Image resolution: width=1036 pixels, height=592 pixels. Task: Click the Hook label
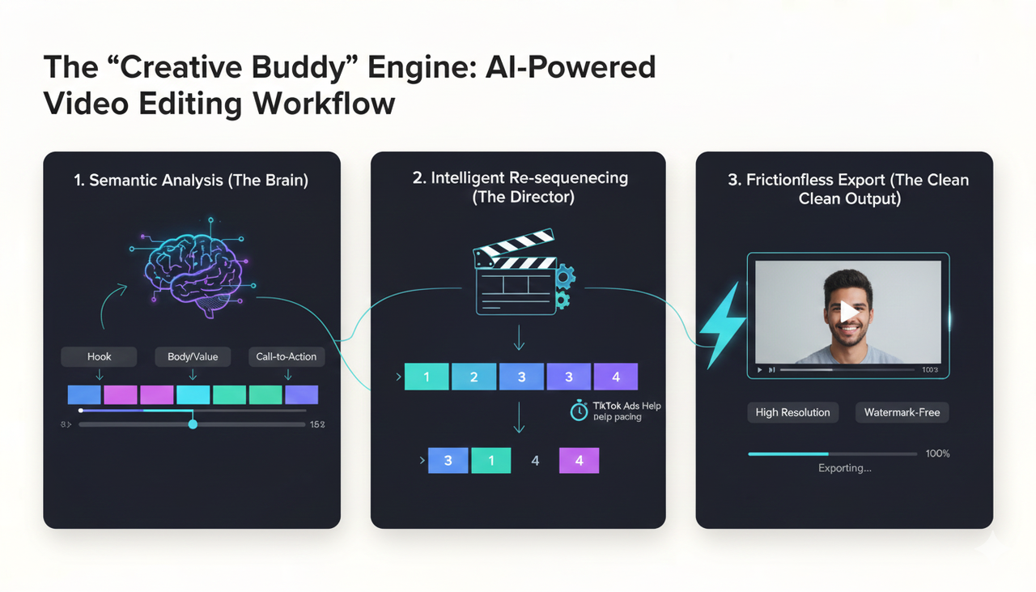tap(99, 356)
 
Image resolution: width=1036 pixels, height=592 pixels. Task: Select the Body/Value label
tap(193, 356)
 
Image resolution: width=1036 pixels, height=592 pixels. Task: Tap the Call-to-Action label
tap(287, 356)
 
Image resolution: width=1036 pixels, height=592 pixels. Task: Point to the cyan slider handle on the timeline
tap(193, 424)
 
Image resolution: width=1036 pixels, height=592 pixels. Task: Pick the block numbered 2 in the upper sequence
tap(473, 377)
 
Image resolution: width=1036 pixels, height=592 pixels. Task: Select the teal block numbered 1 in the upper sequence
tap(426, 377)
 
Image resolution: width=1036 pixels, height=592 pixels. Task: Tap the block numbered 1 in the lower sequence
tap(490, 460)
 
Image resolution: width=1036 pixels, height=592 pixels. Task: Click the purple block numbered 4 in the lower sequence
tap(579, 460)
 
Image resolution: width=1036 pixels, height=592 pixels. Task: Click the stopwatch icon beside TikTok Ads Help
tap(580, 411)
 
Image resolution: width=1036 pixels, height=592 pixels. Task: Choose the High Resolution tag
tap(792, 412)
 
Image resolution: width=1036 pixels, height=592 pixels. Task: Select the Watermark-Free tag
tap(902, 412)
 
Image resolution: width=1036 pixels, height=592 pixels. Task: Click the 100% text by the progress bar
tap(937, 454)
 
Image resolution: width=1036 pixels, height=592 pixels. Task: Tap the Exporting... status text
tap(844, 468)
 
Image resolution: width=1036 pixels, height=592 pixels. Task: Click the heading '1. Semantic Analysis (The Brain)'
tap(191, 180)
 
